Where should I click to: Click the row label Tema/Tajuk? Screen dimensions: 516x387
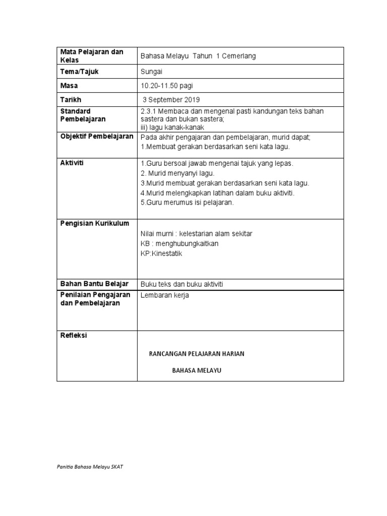tap(80, 72)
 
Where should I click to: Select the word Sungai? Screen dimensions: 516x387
tap(151, 72)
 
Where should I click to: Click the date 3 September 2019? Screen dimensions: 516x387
tap(171, 100)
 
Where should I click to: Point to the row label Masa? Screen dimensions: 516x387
tap(69, 86)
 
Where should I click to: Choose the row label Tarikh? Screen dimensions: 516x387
tap(71, 100)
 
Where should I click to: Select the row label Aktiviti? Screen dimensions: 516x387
tap(72, 163)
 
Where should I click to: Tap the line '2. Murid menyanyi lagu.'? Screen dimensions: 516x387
tap(174, 173)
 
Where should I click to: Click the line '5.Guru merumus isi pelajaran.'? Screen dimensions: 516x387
tap(187, 203)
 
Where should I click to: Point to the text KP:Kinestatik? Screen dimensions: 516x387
tap(161, 253)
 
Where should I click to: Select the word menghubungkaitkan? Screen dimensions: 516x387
tap(186, 244)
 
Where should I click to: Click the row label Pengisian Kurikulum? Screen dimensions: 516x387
tap(95, 223)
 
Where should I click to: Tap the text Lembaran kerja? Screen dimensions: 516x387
tap(165, 295)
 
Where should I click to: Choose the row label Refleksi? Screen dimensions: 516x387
tap(74, 335)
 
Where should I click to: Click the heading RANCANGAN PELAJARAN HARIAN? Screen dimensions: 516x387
tap(197, 354)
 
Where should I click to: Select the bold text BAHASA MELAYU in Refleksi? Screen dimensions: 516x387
tap(197, 370)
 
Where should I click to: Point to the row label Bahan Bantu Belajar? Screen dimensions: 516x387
tap(94, 284)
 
